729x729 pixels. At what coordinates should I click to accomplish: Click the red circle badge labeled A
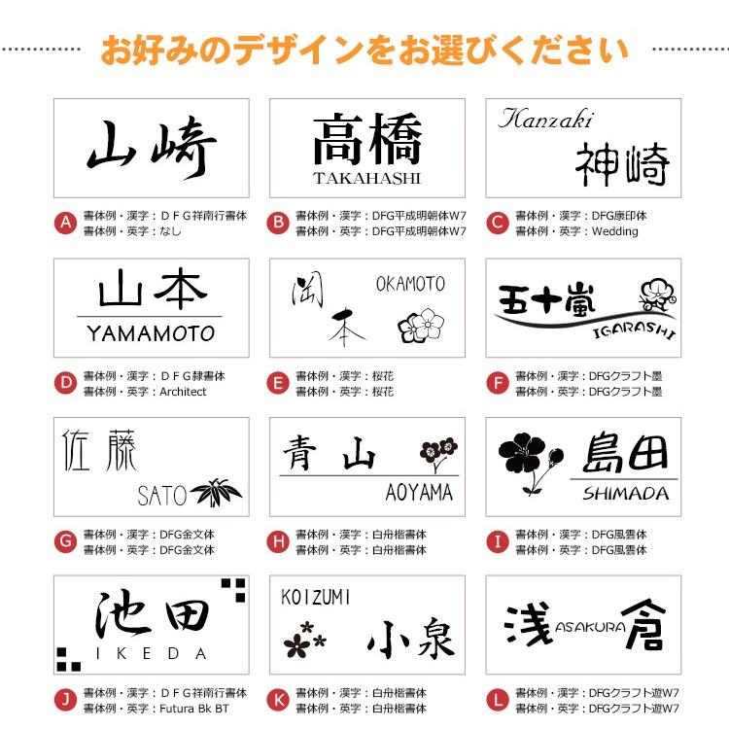click(x=65, y=224)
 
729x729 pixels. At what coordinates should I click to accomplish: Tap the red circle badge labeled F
click(x=498, y=383)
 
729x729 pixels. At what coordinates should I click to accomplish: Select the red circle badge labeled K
click(x=279, y=700)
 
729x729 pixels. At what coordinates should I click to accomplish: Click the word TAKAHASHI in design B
click(x=367, y=178)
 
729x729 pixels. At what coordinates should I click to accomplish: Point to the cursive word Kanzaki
click(x=545, y=120)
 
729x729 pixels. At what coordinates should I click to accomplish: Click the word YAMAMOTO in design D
click(x=151, y=333)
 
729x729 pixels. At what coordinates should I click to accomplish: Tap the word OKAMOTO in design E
click(x=410, y=284)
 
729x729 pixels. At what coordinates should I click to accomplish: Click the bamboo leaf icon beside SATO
click(x=217, y=493)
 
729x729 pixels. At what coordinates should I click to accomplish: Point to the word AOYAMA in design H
click(x=419, y=493)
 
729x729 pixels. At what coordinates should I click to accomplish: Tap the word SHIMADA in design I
click(x=626, y=493)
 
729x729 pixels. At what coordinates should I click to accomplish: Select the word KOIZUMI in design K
click(x=316, y=596)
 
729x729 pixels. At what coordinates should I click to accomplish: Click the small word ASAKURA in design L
click(x=590, y=627)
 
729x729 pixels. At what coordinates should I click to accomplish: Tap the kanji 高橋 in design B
click(x=367, y=139)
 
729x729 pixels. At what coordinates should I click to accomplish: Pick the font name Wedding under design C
click(x=615, y=231)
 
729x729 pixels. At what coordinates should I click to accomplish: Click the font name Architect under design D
click(x=183, y=392)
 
